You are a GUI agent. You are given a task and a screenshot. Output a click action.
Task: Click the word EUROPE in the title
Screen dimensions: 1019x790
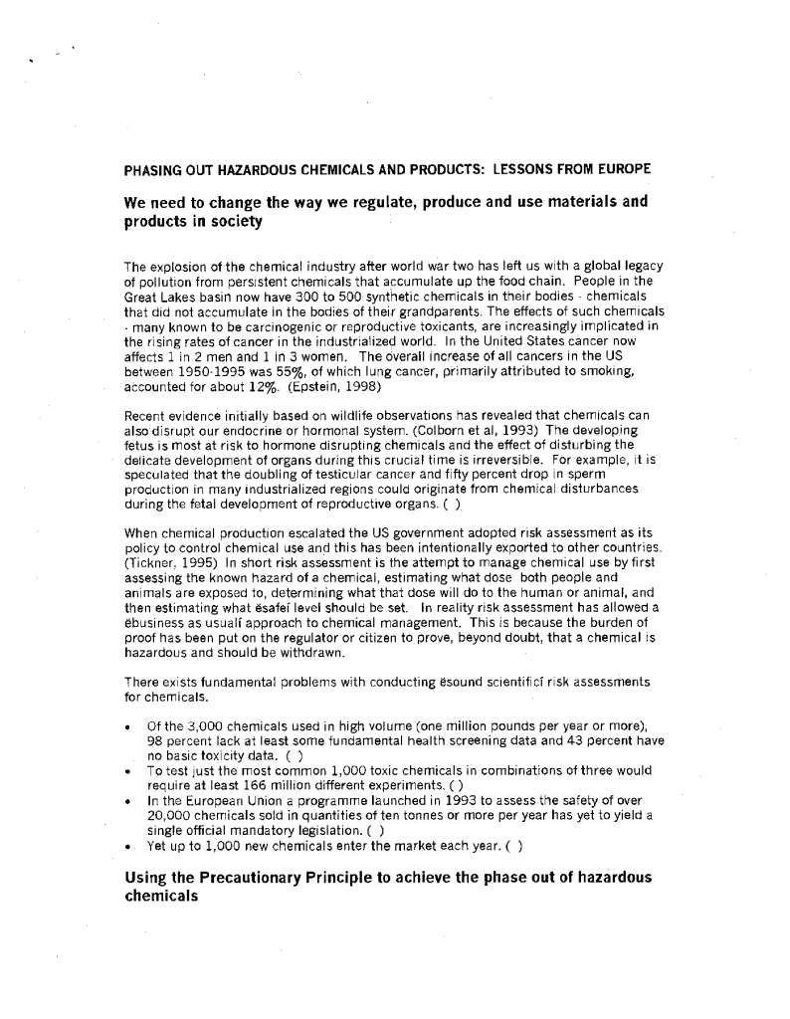point(624,169)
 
